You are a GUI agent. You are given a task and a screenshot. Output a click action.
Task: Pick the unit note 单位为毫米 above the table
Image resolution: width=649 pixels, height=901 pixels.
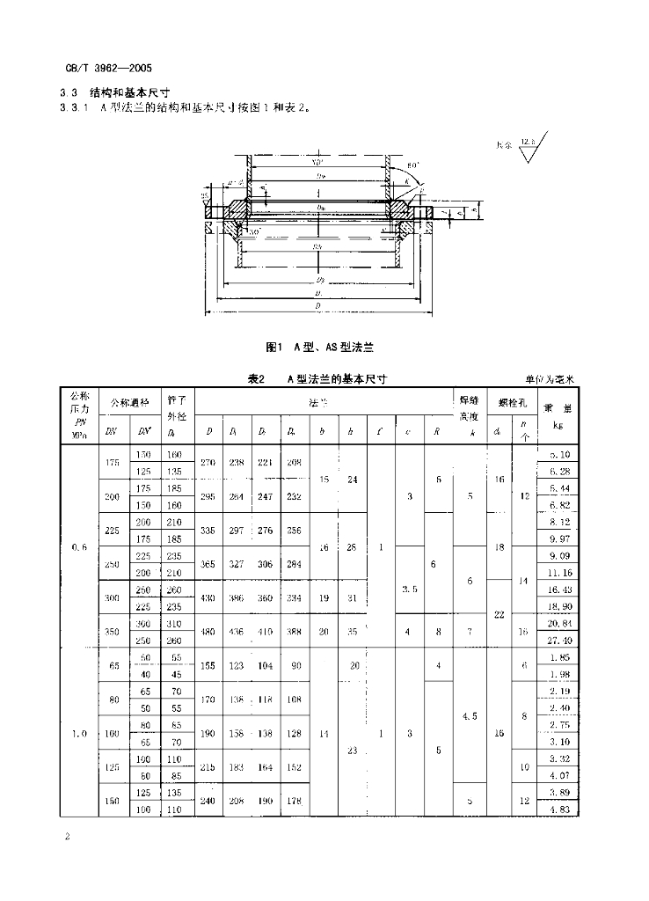(551, 380)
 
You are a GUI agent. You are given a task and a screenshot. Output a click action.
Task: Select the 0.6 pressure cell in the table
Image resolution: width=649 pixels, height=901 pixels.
(77, 546)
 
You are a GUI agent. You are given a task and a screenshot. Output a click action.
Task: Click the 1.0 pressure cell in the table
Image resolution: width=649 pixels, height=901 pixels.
(77, 731)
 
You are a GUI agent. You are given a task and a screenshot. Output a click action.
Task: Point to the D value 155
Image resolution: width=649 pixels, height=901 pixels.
(209, 667)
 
